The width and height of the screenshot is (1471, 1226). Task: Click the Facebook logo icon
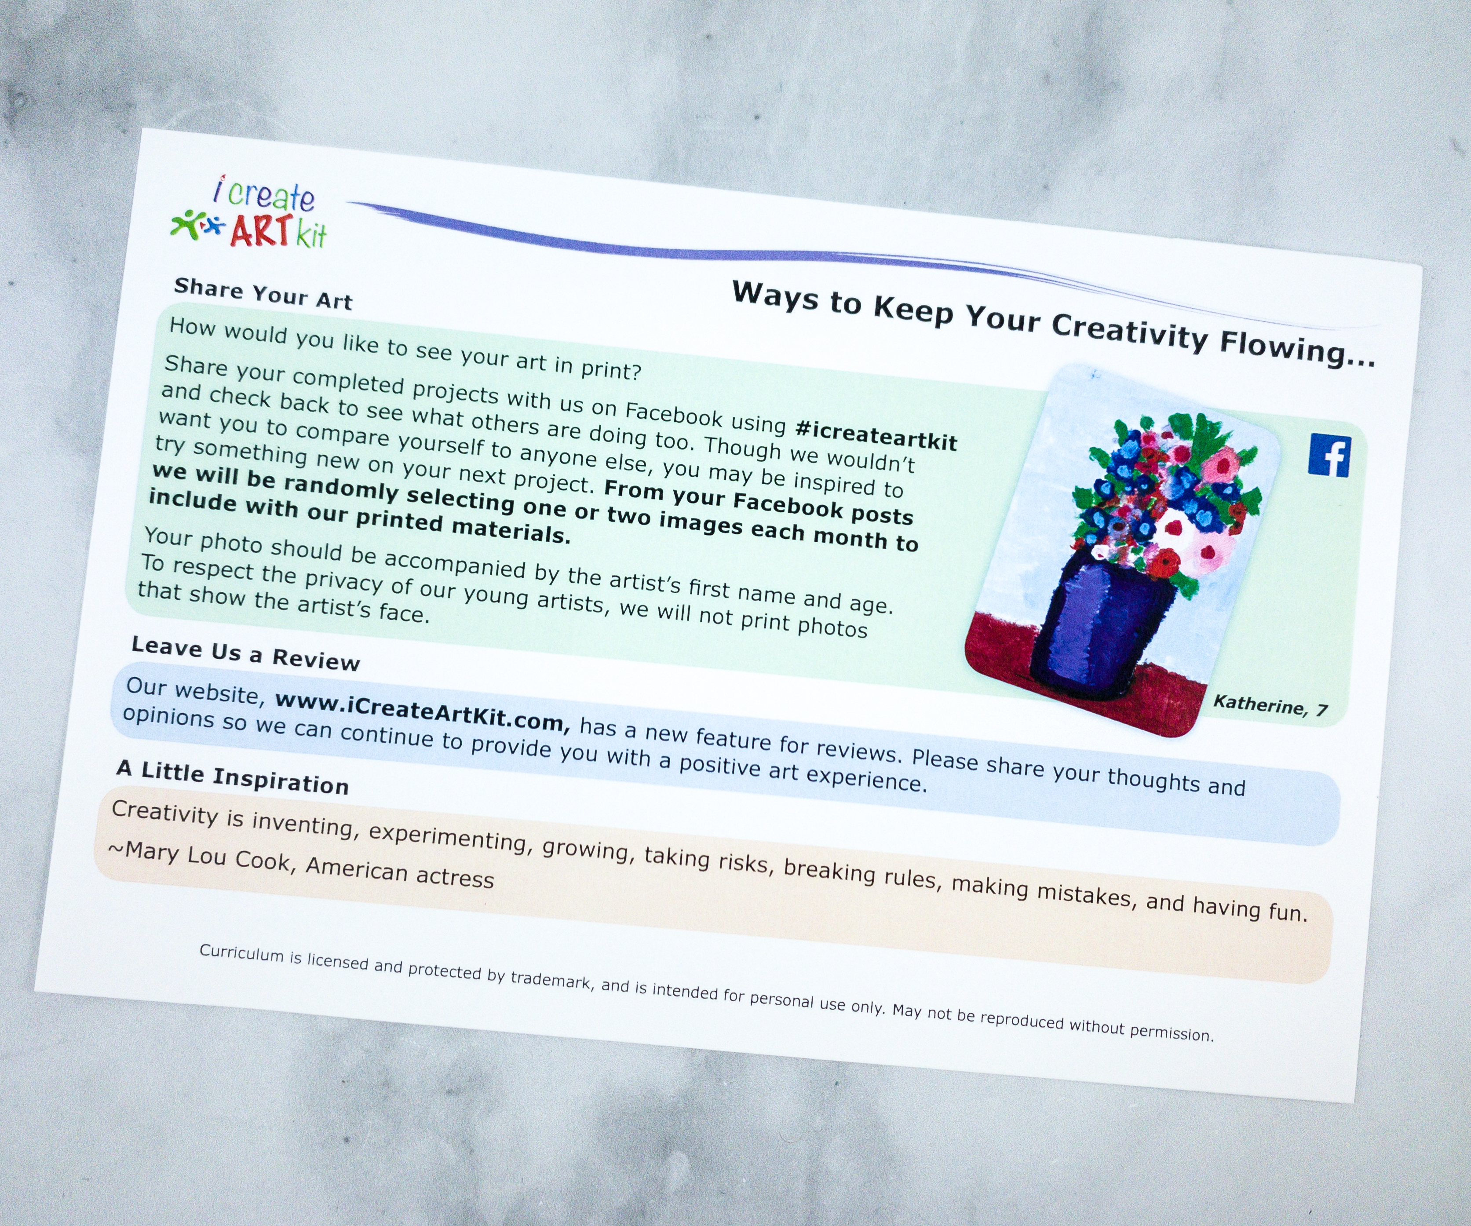(x=1329, y=456)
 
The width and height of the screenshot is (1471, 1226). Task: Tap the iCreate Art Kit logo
(x=251, y=213)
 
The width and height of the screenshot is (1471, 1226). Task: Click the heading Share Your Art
(x=263, y=294)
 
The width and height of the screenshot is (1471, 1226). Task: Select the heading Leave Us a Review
(x=245, y=653)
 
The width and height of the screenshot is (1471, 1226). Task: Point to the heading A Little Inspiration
(x=233, y=777)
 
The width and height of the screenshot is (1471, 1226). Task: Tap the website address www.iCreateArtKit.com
(x=422, y=710)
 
